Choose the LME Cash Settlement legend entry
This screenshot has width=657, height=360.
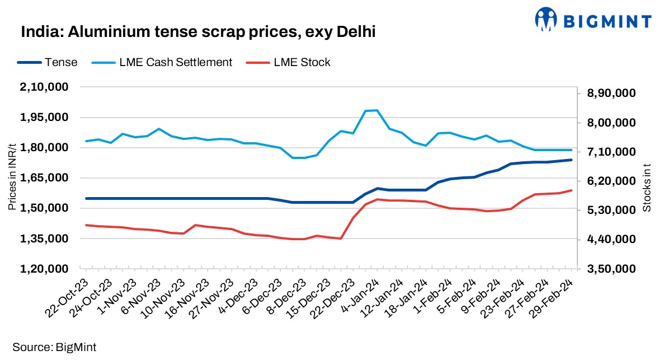(x=175, y=62)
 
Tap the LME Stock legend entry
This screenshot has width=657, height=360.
(x=302, y=62)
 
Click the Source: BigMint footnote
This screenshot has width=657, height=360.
(x=50, y=347)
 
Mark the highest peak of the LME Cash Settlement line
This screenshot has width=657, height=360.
(x=376, y=110)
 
